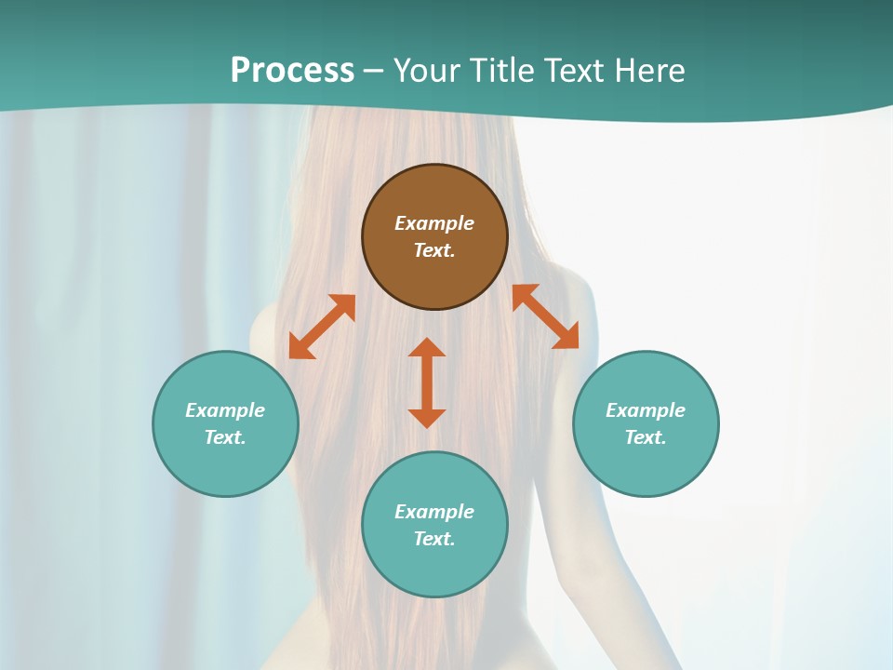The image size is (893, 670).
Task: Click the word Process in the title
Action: pyautogui.click(x=292, y=71)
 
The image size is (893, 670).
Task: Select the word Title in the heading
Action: pyautogui.click(x=506, y=71)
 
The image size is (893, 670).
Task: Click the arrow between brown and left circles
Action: pyautogui.click(x=322, y=327)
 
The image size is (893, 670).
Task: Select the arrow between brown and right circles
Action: pyautogui.click(x=546, y=316)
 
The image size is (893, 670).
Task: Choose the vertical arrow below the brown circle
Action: pyautogui.click(x=427, y=382)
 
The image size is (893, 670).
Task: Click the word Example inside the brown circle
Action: pyautogui.click(x=434, y=223)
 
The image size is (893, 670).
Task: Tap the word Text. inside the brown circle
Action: pyautogui.click(x=434, y=250)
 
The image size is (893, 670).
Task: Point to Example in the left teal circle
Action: pyautogui.click(x=225, y=410)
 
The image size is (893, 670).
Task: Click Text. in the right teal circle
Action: pyautogui.click(x=646, y=437)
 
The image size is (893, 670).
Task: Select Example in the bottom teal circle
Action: pyautogui.click(x=434, y=512)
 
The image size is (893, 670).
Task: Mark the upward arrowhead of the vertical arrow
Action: pyautogui.click(x=427, y=347)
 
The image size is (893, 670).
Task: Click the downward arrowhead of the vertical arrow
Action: pyautogui.click(x=427, y=418)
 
